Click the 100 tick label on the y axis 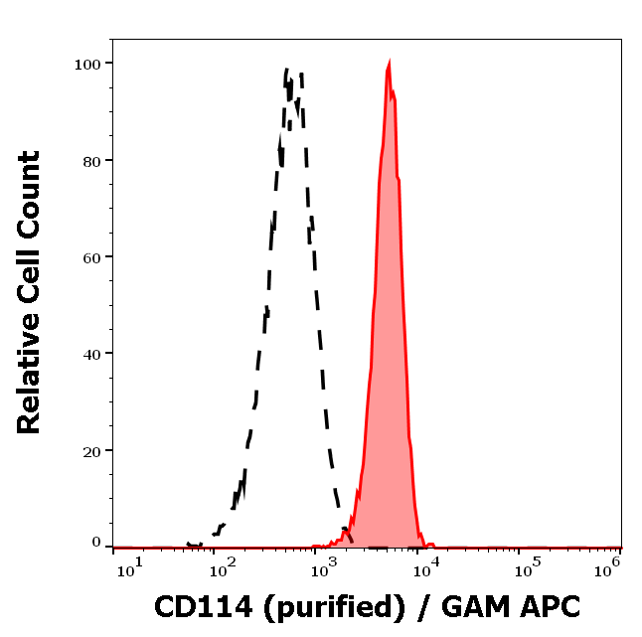click(88, 64)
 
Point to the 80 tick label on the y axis click(92, 160)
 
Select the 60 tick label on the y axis click(92, 256)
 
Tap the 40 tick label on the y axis click(92, 353)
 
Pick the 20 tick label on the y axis click(92, 450)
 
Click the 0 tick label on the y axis click(96, 543)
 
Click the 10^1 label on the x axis click(130, 567)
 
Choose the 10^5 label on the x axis click(518, 567)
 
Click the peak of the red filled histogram click(389, 63)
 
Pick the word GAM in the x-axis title click(468, 606)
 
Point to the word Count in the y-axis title click(31, 195)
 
